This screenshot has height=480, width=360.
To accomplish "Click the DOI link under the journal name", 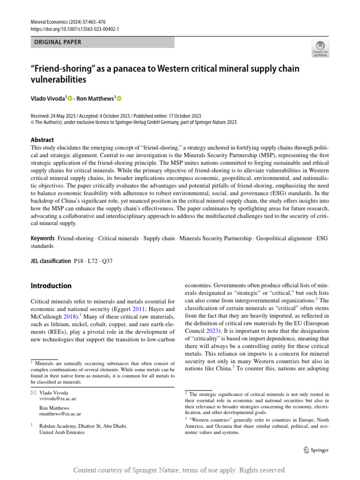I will (x=75, y=29).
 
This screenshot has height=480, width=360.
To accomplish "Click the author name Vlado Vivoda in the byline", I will (x=48, y=98).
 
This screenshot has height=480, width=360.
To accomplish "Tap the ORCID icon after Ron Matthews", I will (x=119, y=98).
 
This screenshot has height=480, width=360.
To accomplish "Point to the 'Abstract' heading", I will (x=42, y=140).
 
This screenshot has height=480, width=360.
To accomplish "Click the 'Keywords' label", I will (x=42, y=239).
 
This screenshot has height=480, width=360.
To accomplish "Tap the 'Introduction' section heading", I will (x=51, y=285).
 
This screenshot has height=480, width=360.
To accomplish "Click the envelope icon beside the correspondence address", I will (x=33, y=391).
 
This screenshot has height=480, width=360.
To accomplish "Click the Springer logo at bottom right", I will (x=316, y=450).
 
